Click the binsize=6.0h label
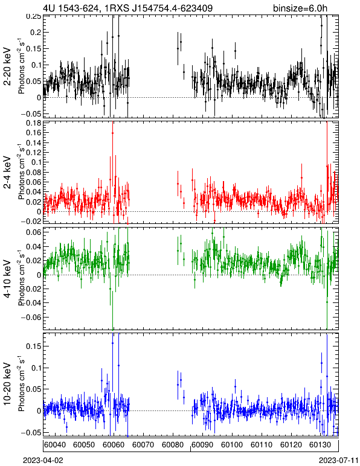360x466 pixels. click(300, 8)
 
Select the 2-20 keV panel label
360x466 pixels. click(7, 66)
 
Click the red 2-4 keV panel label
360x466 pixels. click(7, 173)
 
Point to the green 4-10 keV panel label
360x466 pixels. click(7, 279)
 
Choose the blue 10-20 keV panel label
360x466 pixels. click(7, 384)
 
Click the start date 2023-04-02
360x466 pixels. click(43, 461)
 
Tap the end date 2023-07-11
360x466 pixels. click(339, 461)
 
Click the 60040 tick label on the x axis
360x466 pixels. click(55, 445)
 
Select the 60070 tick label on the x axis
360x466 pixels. click(143, 445)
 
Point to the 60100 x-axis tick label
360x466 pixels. click(232, 445)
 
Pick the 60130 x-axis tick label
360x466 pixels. click(321, 445)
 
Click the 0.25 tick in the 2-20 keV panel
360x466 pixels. click(33, 17)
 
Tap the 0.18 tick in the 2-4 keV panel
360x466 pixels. click(33, 123)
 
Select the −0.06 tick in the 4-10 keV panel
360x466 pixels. click(31, 318)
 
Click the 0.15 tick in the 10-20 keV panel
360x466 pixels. click(33, 346)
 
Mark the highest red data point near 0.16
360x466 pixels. click(112, 133)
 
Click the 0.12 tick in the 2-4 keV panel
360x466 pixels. click(33, 153)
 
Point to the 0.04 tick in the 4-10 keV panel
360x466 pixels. click(33, 247)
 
